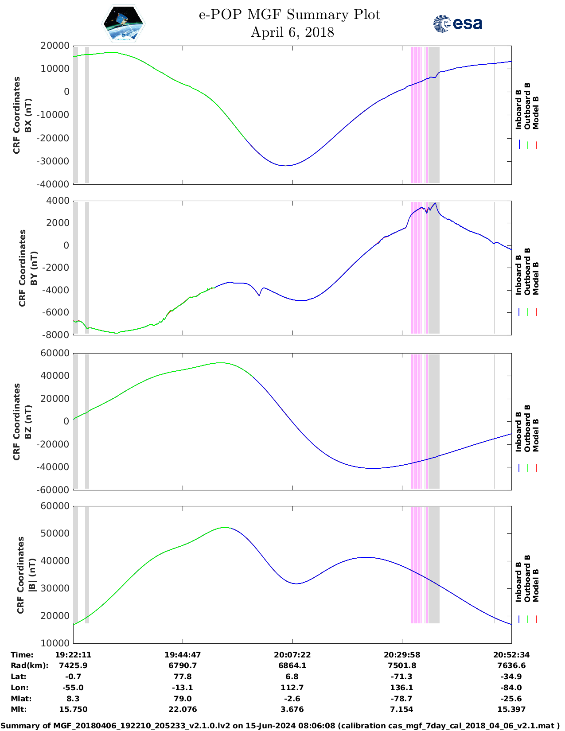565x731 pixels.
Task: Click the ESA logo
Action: pos(458,23)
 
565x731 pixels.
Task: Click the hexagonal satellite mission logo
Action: pos(123,24)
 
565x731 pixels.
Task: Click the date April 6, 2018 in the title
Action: pos(292,32)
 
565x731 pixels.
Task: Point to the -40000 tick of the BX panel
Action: pos(55,184)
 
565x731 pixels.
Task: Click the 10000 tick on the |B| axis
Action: pos(57,643)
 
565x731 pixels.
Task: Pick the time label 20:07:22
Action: pos(292,655)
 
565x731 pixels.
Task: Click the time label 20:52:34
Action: pos(511,655)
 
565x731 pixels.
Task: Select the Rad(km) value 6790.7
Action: pos(183,665)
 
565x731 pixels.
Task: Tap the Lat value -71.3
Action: pos(401,677)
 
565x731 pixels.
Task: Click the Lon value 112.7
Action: pos(292,688)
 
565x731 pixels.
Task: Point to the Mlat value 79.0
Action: pos(183,699)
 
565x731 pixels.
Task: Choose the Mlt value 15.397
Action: pos(511,709)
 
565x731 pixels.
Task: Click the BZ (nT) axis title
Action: pos(28,422)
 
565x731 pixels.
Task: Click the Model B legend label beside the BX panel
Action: pos(536,113)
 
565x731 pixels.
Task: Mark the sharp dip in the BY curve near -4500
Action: pos(259,295)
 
